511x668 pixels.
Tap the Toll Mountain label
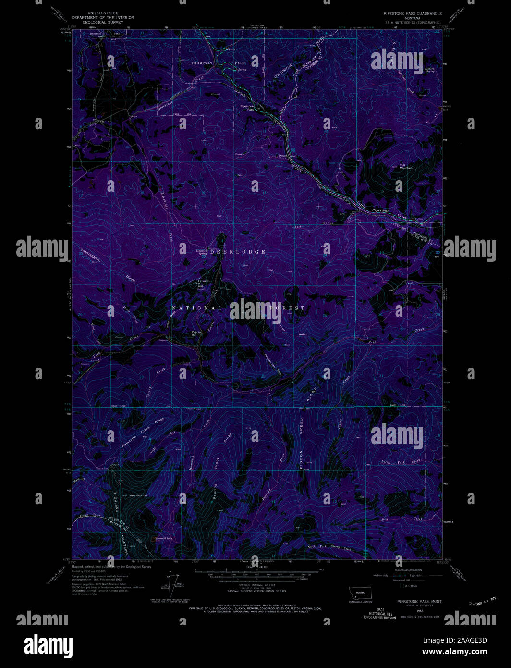[406, 166]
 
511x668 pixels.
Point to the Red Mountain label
[139, 495]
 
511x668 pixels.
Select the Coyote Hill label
[196, 333]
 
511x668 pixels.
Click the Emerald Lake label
[164, 539]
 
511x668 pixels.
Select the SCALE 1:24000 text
[255, 567]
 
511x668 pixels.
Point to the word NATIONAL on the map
[196, 308]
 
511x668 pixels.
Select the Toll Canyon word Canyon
[329, 223]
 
